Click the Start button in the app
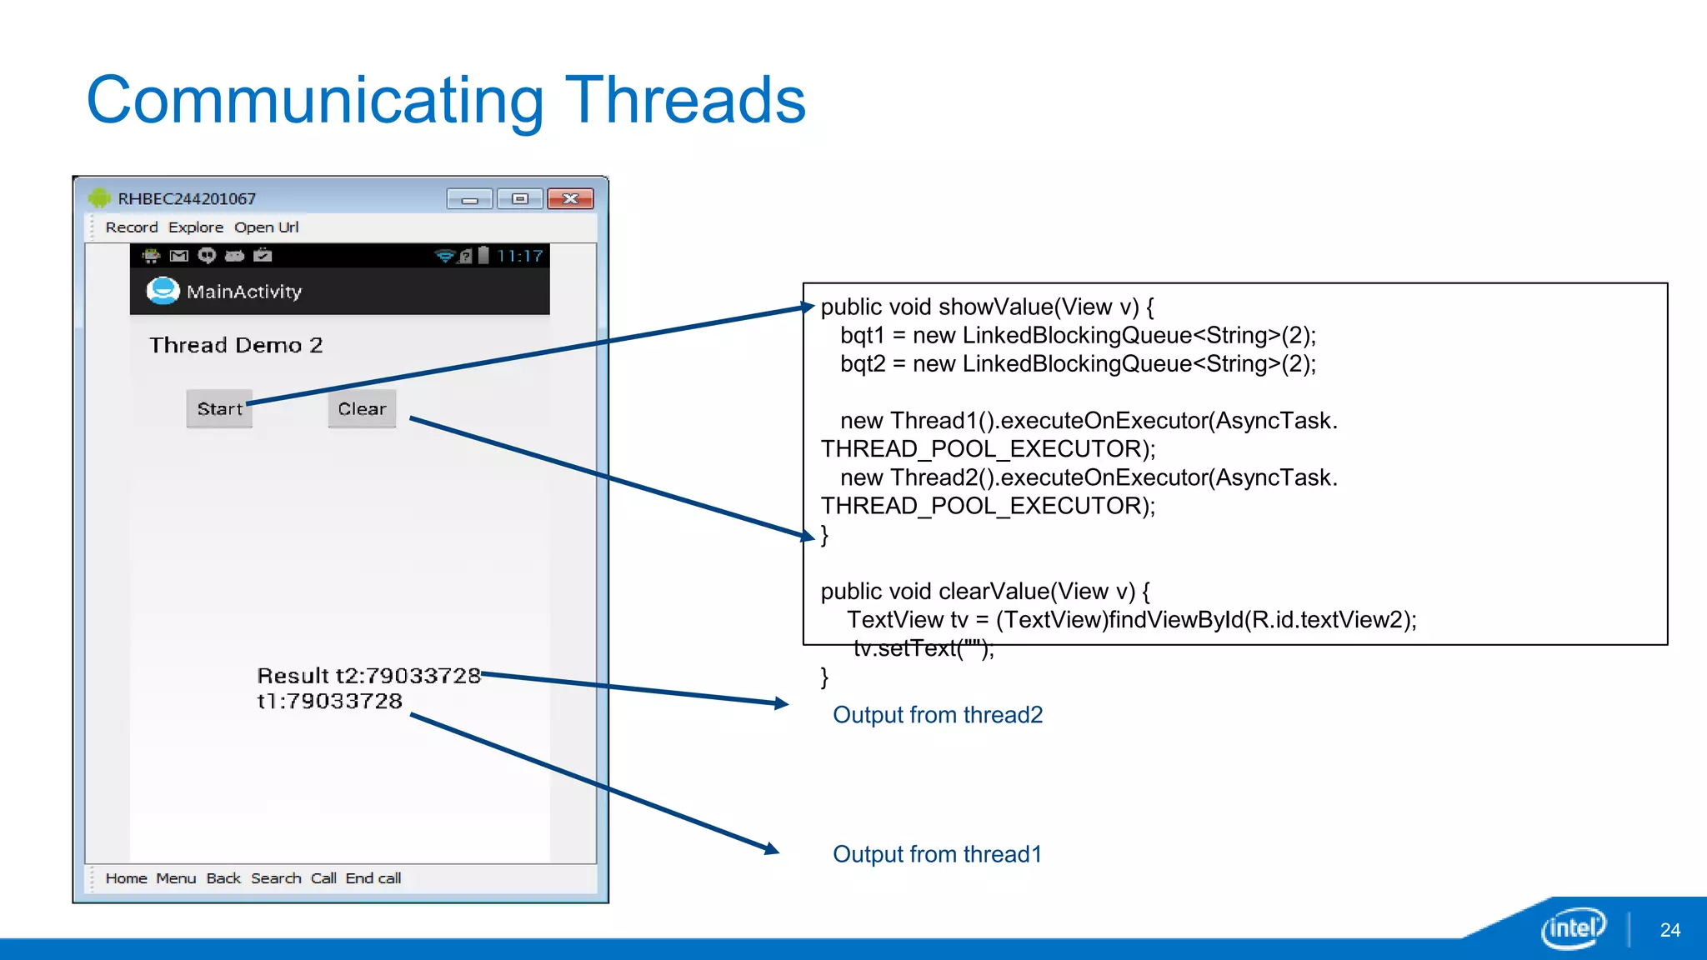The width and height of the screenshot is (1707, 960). coord(219,409)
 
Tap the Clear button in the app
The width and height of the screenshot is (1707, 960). coord(362,409)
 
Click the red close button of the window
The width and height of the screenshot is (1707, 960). coord(570,199)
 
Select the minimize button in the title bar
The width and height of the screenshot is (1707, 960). coord(470,199)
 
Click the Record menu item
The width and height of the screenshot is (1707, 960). coord(131,227)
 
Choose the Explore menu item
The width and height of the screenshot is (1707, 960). coord(196,227)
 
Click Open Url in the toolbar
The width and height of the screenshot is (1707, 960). coord(266,227)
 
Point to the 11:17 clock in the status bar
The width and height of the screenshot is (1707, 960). coord(519,256)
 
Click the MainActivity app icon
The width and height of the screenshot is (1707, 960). coord(163,291)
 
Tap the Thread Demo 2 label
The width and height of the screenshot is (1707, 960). coord(236,345)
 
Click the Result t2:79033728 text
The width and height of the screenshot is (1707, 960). coord(368,676)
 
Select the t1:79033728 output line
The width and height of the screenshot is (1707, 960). coord(329,702)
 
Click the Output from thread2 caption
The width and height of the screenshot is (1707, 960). coord(938,715)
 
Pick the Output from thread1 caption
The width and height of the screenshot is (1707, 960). coord(937,854)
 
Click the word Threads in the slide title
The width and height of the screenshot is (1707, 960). coord(685,101)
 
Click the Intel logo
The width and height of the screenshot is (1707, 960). coord(1573,927)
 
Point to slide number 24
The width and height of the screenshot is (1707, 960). coord(1669,930)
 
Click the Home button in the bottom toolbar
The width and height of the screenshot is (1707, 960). coord(126,878)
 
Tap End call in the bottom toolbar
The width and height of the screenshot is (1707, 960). coord(373,878)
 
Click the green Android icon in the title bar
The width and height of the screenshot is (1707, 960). coord(99,198)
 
